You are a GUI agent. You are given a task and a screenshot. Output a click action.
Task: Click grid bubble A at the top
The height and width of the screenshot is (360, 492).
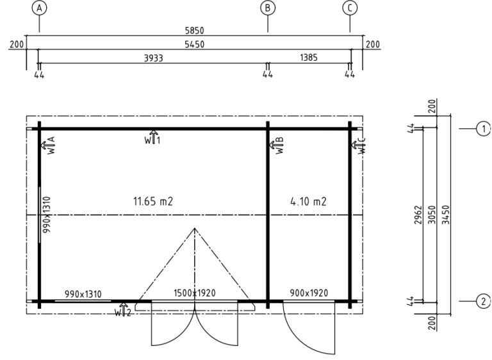39,8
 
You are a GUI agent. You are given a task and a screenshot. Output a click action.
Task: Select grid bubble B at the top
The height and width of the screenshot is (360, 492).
268,8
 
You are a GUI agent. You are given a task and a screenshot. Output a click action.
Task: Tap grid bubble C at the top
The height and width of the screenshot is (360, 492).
350,8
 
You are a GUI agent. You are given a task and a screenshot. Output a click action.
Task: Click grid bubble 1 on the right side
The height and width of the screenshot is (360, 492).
484,129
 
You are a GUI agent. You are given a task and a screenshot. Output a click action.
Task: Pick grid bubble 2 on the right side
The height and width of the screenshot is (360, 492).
484,301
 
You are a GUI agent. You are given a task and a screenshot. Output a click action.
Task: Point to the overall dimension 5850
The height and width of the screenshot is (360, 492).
195,31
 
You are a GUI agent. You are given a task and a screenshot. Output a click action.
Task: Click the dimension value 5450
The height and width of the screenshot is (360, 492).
195,44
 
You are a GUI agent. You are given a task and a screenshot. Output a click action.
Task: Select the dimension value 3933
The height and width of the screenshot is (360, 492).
154,58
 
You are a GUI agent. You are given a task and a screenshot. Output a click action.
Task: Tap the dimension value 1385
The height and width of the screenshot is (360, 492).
309,58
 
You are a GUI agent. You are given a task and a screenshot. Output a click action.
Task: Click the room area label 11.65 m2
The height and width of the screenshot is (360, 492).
153,201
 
